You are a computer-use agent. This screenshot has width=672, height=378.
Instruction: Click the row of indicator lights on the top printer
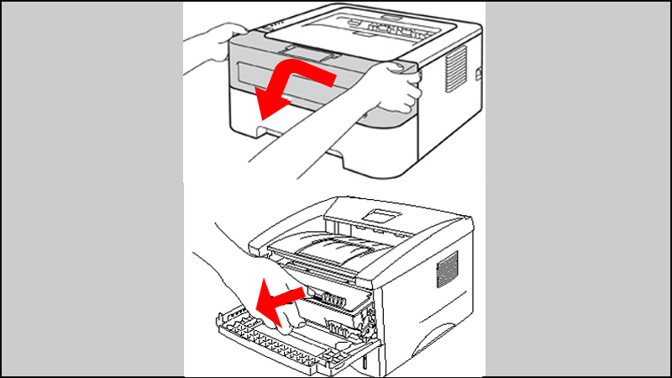[267, 29]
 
